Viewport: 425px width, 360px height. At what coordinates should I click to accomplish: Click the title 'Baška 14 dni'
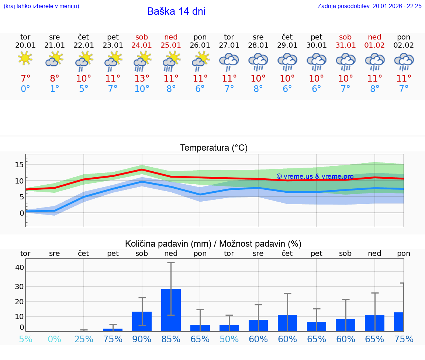coord(176,11)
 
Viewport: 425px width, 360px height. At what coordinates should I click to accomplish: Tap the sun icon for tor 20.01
coord(25,58)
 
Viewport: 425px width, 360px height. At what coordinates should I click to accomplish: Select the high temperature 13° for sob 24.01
coord(142,79)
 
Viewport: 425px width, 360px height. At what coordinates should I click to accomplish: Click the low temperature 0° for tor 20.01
coord(25,89)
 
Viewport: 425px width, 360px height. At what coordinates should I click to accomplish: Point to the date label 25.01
coord(171,45)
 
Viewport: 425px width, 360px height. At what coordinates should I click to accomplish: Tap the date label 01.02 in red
coord(374,45)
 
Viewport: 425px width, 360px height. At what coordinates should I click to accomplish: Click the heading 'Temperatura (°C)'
coord(214,148)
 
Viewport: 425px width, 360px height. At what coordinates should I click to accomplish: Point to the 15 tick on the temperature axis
coord(19,165)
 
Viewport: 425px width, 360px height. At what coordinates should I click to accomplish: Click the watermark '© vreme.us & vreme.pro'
coord(315,176)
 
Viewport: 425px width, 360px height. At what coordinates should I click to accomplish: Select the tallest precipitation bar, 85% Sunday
coord(171,310)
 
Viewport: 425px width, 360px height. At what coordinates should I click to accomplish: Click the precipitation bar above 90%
coord(142,321)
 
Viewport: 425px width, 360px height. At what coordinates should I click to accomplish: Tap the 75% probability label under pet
coord(113,339)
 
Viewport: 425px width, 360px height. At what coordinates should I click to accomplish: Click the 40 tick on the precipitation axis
coord(19,267)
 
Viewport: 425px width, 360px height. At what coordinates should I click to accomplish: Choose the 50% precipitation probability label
coord(229,339)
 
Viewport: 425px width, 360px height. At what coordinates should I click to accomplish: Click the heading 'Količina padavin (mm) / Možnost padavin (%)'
coord(213,244)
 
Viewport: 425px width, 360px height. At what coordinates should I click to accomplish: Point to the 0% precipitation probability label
coord(54,339)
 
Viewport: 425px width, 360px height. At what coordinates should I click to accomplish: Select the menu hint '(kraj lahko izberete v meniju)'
coord(41,6)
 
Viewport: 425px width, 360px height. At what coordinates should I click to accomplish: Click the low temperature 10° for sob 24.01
coord(142,89)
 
